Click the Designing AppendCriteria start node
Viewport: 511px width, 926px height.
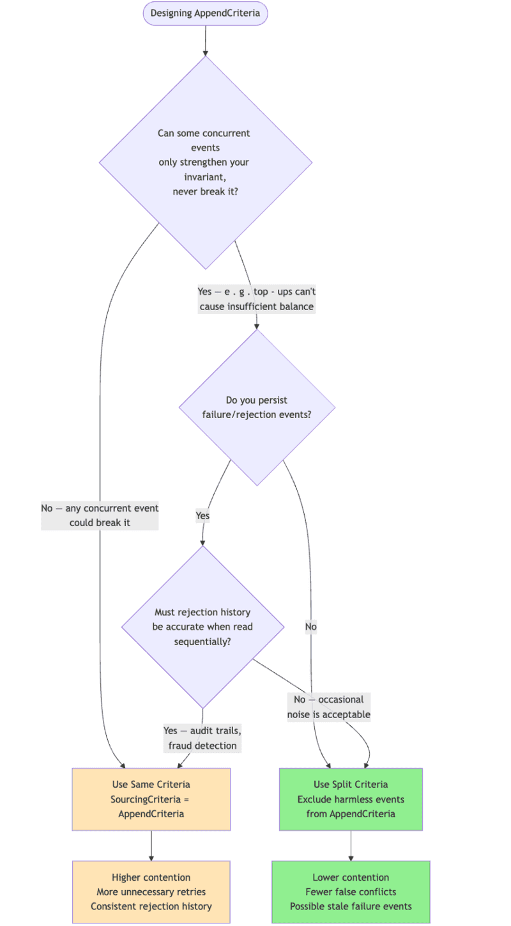205,13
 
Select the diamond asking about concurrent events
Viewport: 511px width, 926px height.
205,162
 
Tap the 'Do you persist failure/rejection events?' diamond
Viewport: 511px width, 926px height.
257,407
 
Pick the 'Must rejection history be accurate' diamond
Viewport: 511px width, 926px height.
202,627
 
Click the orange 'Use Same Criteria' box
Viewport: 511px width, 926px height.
151,799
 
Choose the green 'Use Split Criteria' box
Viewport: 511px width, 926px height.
351,799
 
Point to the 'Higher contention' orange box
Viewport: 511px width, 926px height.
151,891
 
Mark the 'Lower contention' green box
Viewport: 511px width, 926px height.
351,891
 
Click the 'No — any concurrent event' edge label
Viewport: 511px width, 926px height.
100,515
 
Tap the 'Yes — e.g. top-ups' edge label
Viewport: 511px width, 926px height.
257,299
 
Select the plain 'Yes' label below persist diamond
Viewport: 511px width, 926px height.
202,515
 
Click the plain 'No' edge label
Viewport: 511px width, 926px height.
310,627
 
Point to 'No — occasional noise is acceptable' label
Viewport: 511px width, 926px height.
328,707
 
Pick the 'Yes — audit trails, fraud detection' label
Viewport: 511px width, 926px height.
202,738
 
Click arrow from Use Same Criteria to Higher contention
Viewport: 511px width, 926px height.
151,845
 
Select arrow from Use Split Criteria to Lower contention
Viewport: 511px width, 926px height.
351,845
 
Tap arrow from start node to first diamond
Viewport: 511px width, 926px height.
205,40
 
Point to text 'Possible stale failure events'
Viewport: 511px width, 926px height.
351,906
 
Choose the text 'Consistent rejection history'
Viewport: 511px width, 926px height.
151,906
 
